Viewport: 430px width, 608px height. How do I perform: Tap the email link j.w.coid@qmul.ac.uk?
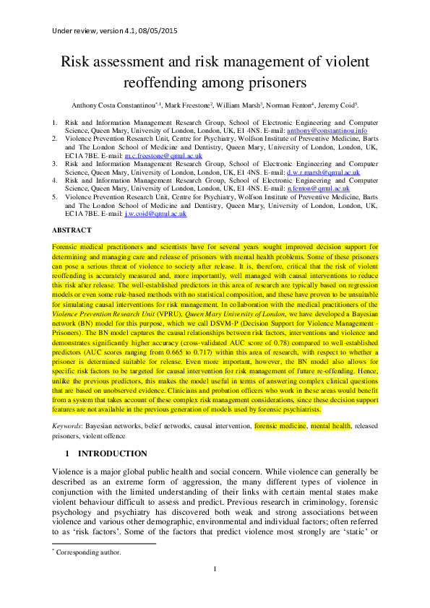[155, 213]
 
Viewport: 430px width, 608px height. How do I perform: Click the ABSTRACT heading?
[72, 230]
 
